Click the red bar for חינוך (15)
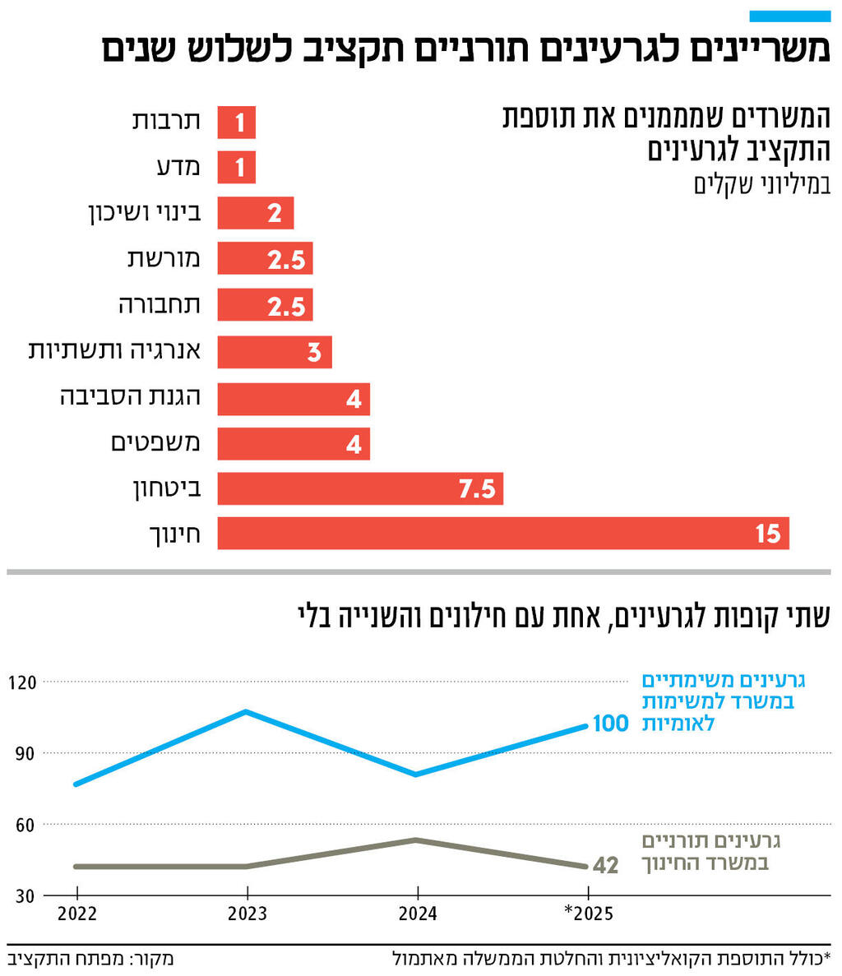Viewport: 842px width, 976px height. click(502, 534)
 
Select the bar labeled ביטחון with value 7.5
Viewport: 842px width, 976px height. click(360, 488)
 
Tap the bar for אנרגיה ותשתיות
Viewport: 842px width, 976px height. click(275, 352)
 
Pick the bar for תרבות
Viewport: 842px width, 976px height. click(236, 123)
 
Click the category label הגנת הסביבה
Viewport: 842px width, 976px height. click(130, 398)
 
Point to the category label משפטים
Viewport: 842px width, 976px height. click(155, 443)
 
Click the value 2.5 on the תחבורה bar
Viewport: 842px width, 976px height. click(286, 307)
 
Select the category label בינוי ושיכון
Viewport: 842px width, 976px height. click(144, 214)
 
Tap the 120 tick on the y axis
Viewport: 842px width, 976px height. click(23, 682)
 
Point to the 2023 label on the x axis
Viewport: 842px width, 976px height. click(247, 914)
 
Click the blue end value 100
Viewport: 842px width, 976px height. click(610, 724)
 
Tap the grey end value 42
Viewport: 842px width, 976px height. click(604, 866)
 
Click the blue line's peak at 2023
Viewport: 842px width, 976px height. click(247, 711)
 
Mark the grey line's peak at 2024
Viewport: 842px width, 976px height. click(418, 840)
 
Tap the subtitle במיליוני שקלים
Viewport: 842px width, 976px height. click(761, 185)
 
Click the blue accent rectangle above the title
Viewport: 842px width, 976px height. click(790, 16)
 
